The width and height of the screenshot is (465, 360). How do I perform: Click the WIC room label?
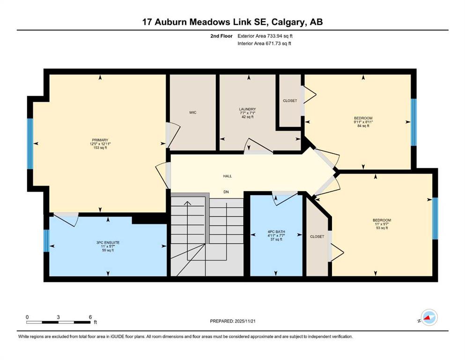pyautogui.click(x=193, y=112)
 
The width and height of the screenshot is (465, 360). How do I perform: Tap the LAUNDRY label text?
pyautogui.click(x=247, y=109)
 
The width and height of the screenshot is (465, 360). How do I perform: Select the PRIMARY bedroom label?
pyautogui.click(x=100, y=140)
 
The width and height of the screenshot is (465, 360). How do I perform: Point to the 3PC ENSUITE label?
pyautogui.click(x=108, y=242)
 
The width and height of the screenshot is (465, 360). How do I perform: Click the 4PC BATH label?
pyautogui.click(x=276, y=232)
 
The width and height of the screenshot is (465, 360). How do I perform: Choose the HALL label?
pyautogui.click(x=228, y=176)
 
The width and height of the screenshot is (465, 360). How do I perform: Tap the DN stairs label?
pyautogui.click(x=226, y=192)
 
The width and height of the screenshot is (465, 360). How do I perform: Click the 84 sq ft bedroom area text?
pyautogui.click(x=363, y=126)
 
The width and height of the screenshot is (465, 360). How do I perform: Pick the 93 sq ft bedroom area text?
pyautogui.click(x=382, y=228)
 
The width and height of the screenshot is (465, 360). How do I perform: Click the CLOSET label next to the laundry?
pyautogui.click(x=290, y=101)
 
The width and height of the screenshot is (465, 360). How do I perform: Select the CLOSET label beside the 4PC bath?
pyautogui.click(x=317, y=237)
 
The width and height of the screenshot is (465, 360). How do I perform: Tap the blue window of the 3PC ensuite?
pyautogui.click(x=46, y=240)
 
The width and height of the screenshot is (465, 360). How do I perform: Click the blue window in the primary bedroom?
pyautogui.click(x=30, y=144)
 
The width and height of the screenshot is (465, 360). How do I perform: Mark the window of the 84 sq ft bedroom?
pyautogui.click(x=413, y=122)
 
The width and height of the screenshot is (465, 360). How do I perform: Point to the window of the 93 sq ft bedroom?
pyautogui.click(x=435, y=218)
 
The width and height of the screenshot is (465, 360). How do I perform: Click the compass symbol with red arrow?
pyautogui.click(x=429, y=317)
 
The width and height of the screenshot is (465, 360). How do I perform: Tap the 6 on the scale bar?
pyautogui.click(x=90, y=317)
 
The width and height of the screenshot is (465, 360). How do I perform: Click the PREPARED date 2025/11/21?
pyautogui.click(x=245, y=321)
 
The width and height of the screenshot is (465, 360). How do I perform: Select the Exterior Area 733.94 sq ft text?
pyautogui.click(x=265, y=36)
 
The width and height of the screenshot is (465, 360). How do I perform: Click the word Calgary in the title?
pyautogui.click(x=288, y=22)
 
